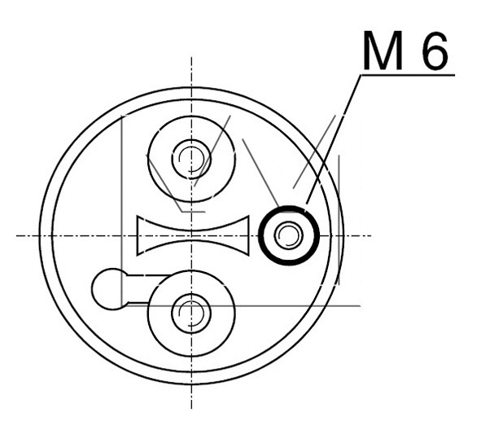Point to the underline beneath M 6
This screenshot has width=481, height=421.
(x=407, y=76)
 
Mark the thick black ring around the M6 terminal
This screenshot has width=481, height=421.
(x=263, y=236)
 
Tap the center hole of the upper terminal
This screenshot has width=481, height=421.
(x=191, y=156)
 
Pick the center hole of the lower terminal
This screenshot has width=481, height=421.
(x=191, y=311)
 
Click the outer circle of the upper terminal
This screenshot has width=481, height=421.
(x=150, y=156)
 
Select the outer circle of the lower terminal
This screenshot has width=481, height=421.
(x=150, y=311)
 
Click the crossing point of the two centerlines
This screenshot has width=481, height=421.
(x=191, y=235)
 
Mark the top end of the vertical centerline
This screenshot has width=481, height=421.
(x=191, y=59)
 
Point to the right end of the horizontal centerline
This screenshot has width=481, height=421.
(x=371, y=235)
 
